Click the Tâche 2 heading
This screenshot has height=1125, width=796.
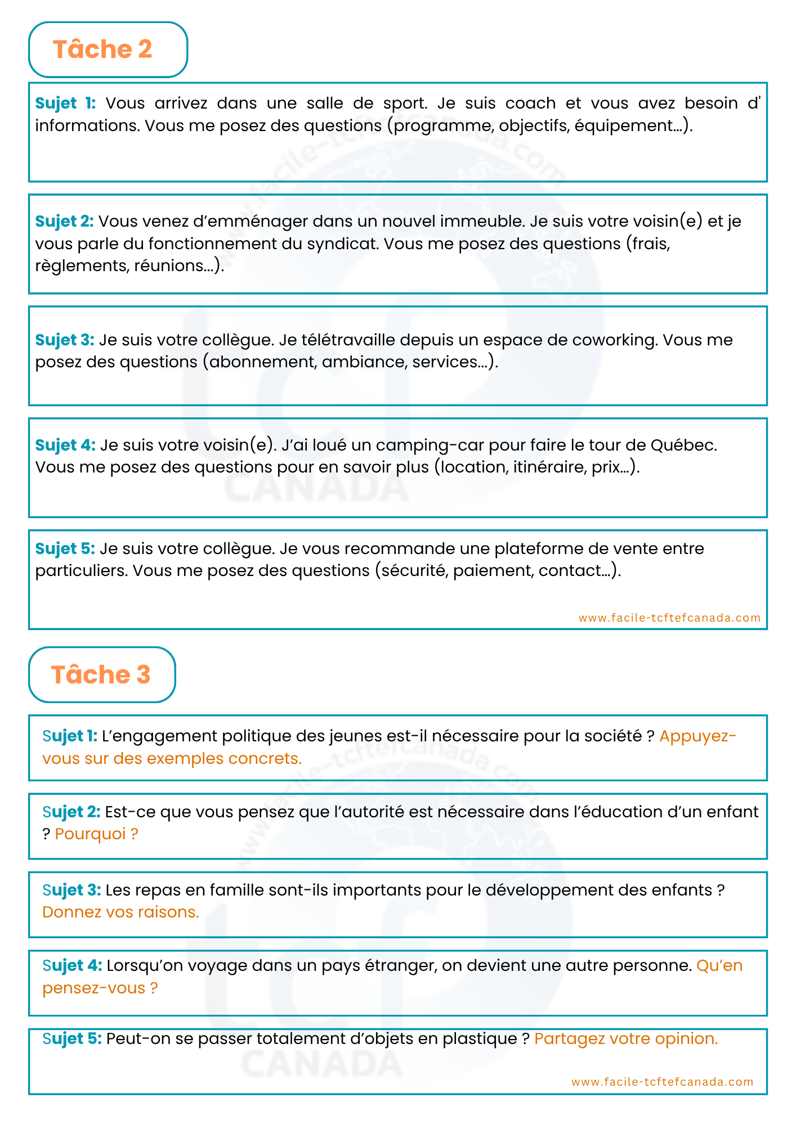point(102,49)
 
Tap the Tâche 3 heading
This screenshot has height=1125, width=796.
point(101,674)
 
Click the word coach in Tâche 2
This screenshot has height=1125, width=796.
point(530,103)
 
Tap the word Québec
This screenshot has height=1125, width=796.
point(683,445)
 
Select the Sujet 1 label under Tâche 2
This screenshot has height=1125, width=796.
point(65,103)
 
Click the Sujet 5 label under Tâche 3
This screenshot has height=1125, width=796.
point(72,1038)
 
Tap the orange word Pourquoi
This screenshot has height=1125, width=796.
point(91,834)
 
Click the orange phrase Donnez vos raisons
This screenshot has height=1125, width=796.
point(120,912)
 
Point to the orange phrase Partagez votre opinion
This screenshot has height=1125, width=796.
point(626,1038)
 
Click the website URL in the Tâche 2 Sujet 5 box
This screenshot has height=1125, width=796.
point(669,618)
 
